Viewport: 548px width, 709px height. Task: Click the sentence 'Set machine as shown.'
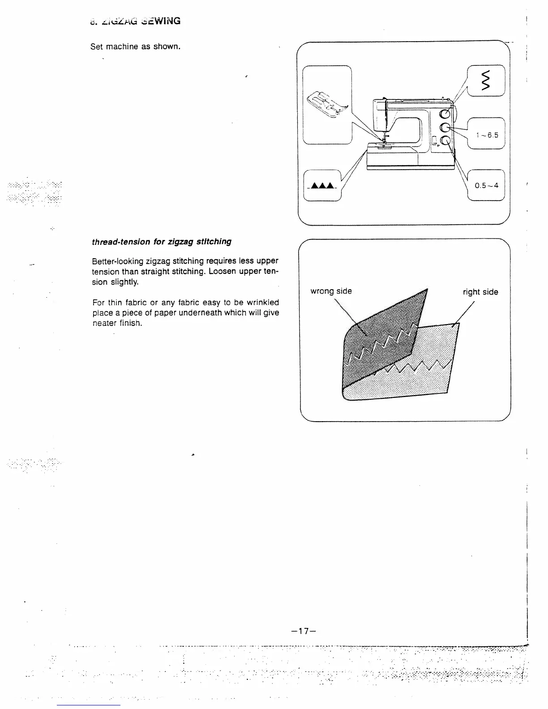pos(135,47)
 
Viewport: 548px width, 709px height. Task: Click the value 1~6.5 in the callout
pos(487,135)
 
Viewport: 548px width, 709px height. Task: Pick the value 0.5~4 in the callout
pos(486,185)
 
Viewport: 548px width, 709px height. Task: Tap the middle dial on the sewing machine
pos(445,128)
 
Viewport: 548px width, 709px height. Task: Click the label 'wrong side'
pos(331,291)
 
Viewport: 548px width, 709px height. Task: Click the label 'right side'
pos(480,292)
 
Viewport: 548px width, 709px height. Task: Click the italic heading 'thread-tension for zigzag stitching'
pos(162,242)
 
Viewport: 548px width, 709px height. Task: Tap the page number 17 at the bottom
pos(304,631)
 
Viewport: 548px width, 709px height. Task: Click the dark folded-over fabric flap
pos(381,336)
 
